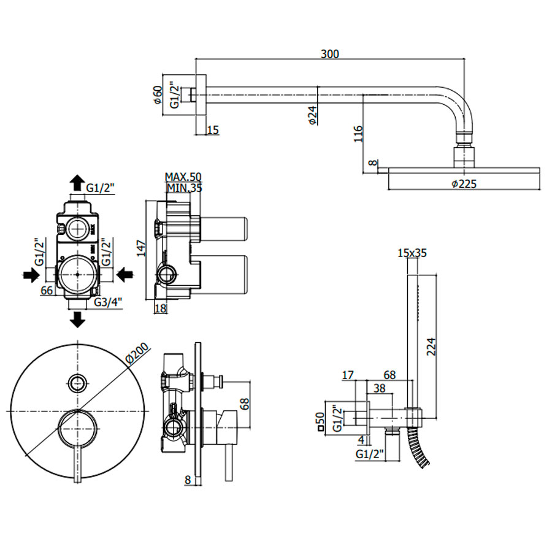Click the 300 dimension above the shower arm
[x=330, y=54]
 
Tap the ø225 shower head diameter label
[x=464, y=183]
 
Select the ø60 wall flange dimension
[x=158, y=95]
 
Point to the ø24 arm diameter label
[x=312, y=115]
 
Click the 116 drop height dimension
[x=359, y=133]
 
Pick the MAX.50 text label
[x=183, y=178]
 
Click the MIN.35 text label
[x=183, y=188]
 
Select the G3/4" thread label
[x=109, y=302]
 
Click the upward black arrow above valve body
[x=77, y=182]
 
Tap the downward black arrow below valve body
[x=77, y=318]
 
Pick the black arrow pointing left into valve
[x=126, y=274]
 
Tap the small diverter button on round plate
[x=77, y=382]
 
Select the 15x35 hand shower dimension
[x=412, y=252]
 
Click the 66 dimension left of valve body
[x=46, y=290]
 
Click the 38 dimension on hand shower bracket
[x=379, y=388]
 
